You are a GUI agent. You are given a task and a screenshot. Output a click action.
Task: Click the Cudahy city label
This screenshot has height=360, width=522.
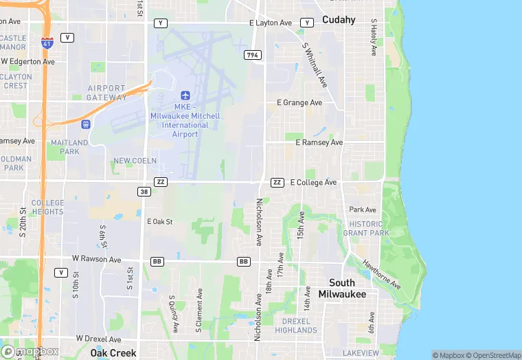tap(339, 20)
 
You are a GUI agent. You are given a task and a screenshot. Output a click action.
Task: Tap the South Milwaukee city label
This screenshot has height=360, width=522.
tap(342, 289)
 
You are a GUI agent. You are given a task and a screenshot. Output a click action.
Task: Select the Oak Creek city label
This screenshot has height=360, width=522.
tap(113, 353)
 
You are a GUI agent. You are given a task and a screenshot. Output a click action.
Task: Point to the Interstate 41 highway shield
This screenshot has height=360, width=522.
tap(47, 43)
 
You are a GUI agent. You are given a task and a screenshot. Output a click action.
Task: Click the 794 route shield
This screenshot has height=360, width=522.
tap(252, 54)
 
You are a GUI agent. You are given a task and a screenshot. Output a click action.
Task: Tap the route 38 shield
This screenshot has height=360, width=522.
tap(144, 192)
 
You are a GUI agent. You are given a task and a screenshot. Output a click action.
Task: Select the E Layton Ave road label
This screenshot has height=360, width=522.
tap(271, 23)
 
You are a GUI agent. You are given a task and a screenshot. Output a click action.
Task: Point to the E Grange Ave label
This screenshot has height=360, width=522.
tap(299, 103)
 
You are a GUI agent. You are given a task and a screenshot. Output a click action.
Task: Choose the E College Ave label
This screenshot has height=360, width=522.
tap(313, 183)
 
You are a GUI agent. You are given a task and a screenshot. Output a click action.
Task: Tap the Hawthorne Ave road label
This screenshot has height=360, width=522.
tap(382, 273)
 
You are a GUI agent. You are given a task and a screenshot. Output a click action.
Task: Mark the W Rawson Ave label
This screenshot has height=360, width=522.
tap(96, 260)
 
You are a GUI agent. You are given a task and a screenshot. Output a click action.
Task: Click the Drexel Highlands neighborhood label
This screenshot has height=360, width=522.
tap(296, 325)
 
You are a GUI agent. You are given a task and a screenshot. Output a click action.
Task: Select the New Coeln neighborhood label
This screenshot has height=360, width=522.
tap(131, 161)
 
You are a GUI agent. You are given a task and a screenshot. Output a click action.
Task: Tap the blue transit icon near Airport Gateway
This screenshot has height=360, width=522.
tap(85, 124)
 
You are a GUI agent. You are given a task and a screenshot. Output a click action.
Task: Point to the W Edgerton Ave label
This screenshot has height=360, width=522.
tap(27, 61)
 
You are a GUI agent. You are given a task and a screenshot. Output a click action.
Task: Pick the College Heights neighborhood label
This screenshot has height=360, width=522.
tap(48, 207)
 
